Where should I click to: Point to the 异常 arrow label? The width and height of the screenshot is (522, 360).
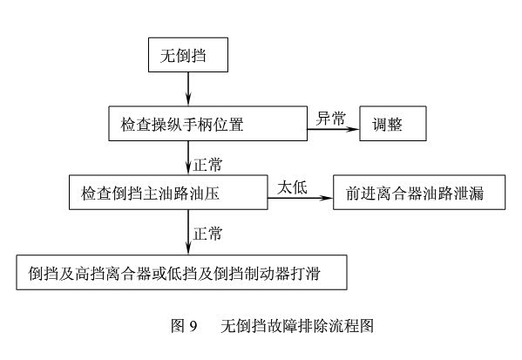pos(330,119)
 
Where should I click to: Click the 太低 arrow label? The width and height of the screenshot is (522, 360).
pos(292,187)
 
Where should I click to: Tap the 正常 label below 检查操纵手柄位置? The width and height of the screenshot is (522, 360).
pos(207,165)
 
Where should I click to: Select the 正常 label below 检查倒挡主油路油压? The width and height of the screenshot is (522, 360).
pos(207,234)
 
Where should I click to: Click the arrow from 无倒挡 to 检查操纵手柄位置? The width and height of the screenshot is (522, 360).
pos(188,89)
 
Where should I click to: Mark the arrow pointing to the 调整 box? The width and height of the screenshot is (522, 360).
pos(333,129)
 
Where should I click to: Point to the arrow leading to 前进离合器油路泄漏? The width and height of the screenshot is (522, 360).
pos(301,198)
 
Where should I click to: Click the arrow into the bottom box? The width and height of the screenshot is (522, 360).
pos(188,233)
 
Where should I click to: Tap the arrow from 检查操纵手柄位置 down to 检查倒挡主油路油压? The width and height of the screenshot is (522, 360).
pos(188,158)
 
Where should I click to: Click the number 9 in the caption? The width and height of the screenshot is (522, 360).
pos(193,326)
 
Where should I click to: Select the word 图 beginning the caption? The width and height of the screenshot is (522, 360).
pos(178,326)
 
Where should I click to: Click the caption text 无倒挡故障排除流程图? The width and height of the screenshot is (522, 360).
pos(297,326)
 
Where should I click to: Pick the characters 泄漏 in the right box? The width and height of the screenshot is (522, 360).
pos(468,194)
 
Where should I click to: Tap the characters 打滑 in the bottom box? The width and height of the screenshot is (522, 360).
pos(305,274)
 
